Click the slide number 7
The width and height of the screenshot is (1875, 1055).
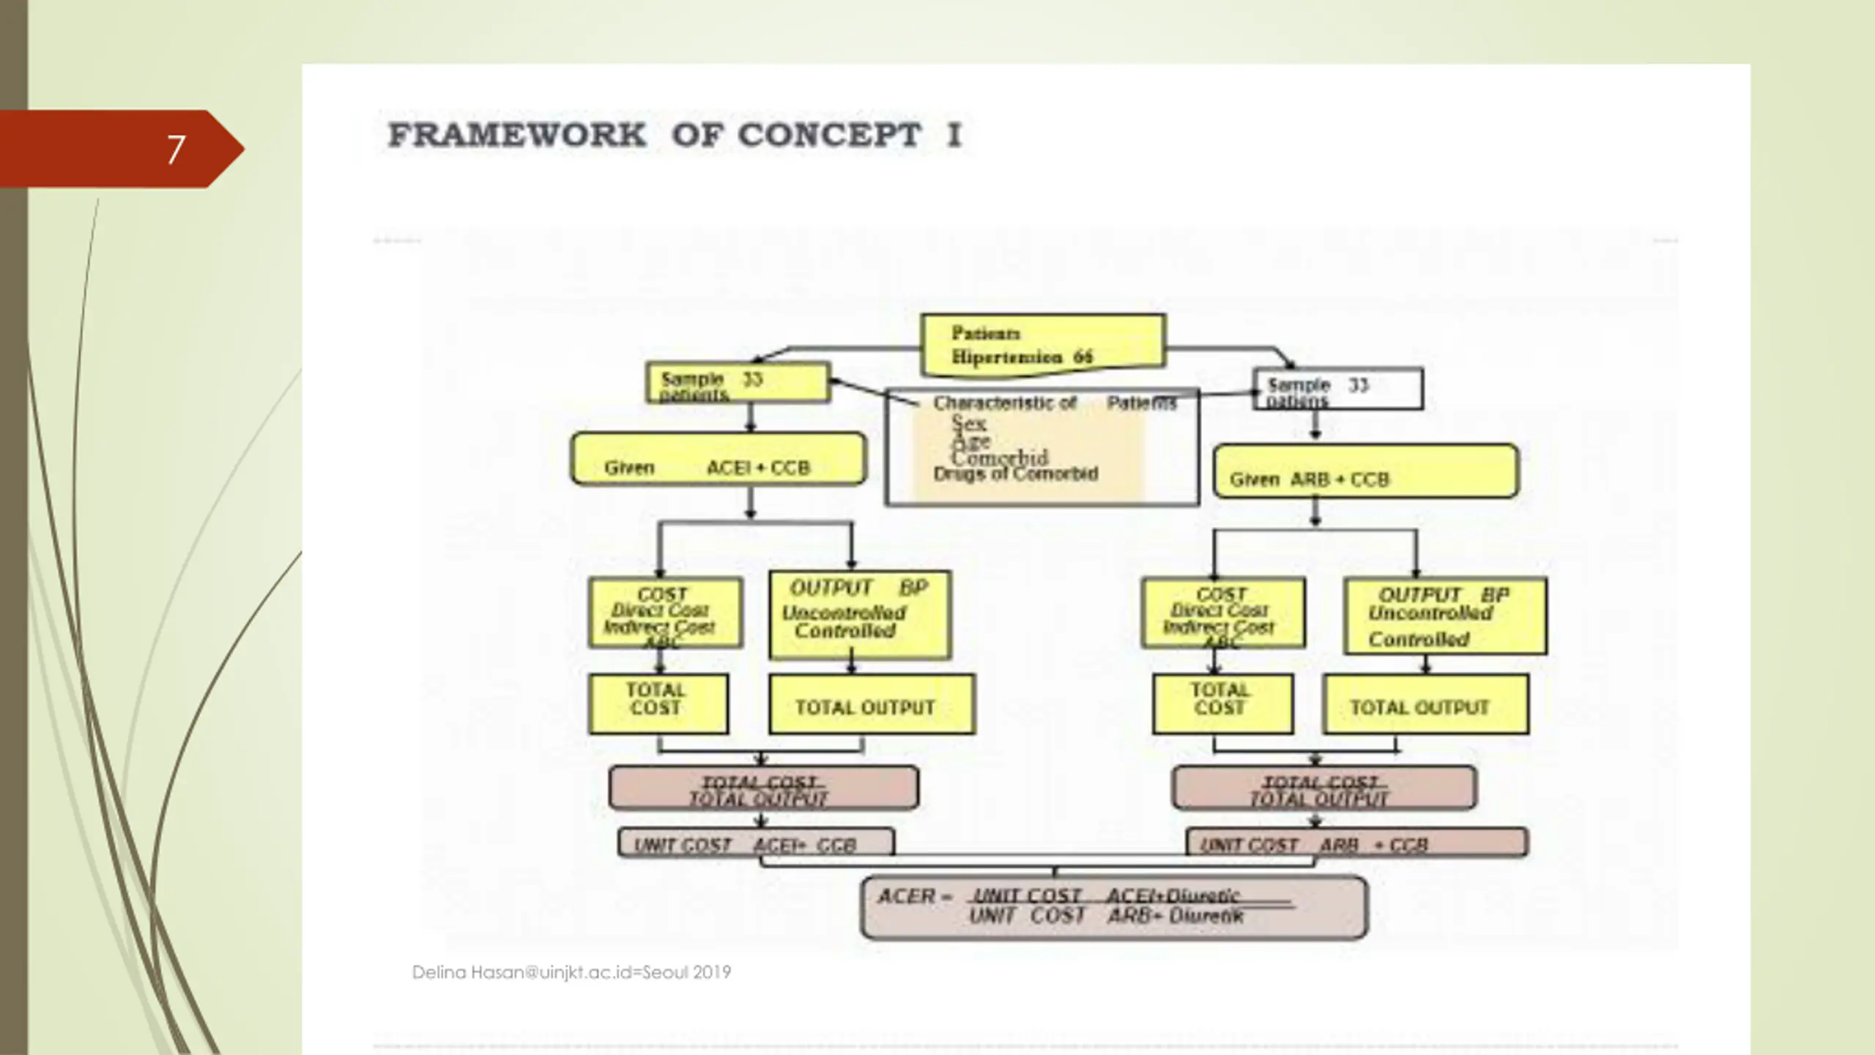[175, 149]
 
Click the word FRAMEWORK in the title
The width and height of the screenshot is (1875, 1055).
[517, 136]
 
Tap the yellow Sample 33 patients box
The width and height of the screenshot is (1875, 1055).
[738, 382]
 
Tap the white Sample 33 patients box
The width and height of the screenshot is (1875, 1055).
[1337, 389]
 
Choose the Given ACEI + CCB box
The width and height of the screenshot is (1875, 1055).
[718, 459]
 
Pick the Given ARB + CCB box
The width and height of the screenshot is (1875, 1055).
[1365, 471]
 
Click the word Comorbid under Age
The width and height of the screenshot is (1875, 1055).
[1000, 457]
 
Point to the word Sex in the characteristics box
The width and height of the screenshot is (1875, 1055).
[969, 423]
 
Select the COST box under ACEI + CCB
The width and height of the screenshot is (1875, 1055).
[665, 613]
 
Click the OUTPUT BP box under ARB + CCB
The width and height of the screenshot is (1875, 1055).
[1445, 616]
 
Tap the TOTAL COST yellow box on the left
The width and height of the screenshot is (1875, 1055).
[658, 703]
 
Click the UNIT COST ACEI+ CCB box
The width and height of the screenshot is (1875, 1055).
[756, 843]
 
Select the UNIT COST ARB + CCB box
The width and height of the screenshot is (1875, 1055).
[1356, 843]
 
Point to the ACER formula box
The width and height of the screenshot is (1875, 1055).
[1113, 907]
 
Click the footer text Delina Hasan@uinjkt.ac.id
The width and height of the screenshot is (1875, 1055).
[571, 972]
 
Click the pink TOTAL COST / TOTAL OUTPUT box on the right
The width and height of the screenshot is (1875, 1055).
[1323, 788]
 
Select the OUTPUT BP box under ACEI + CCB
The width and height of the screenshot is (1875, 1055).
[860, 615]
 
